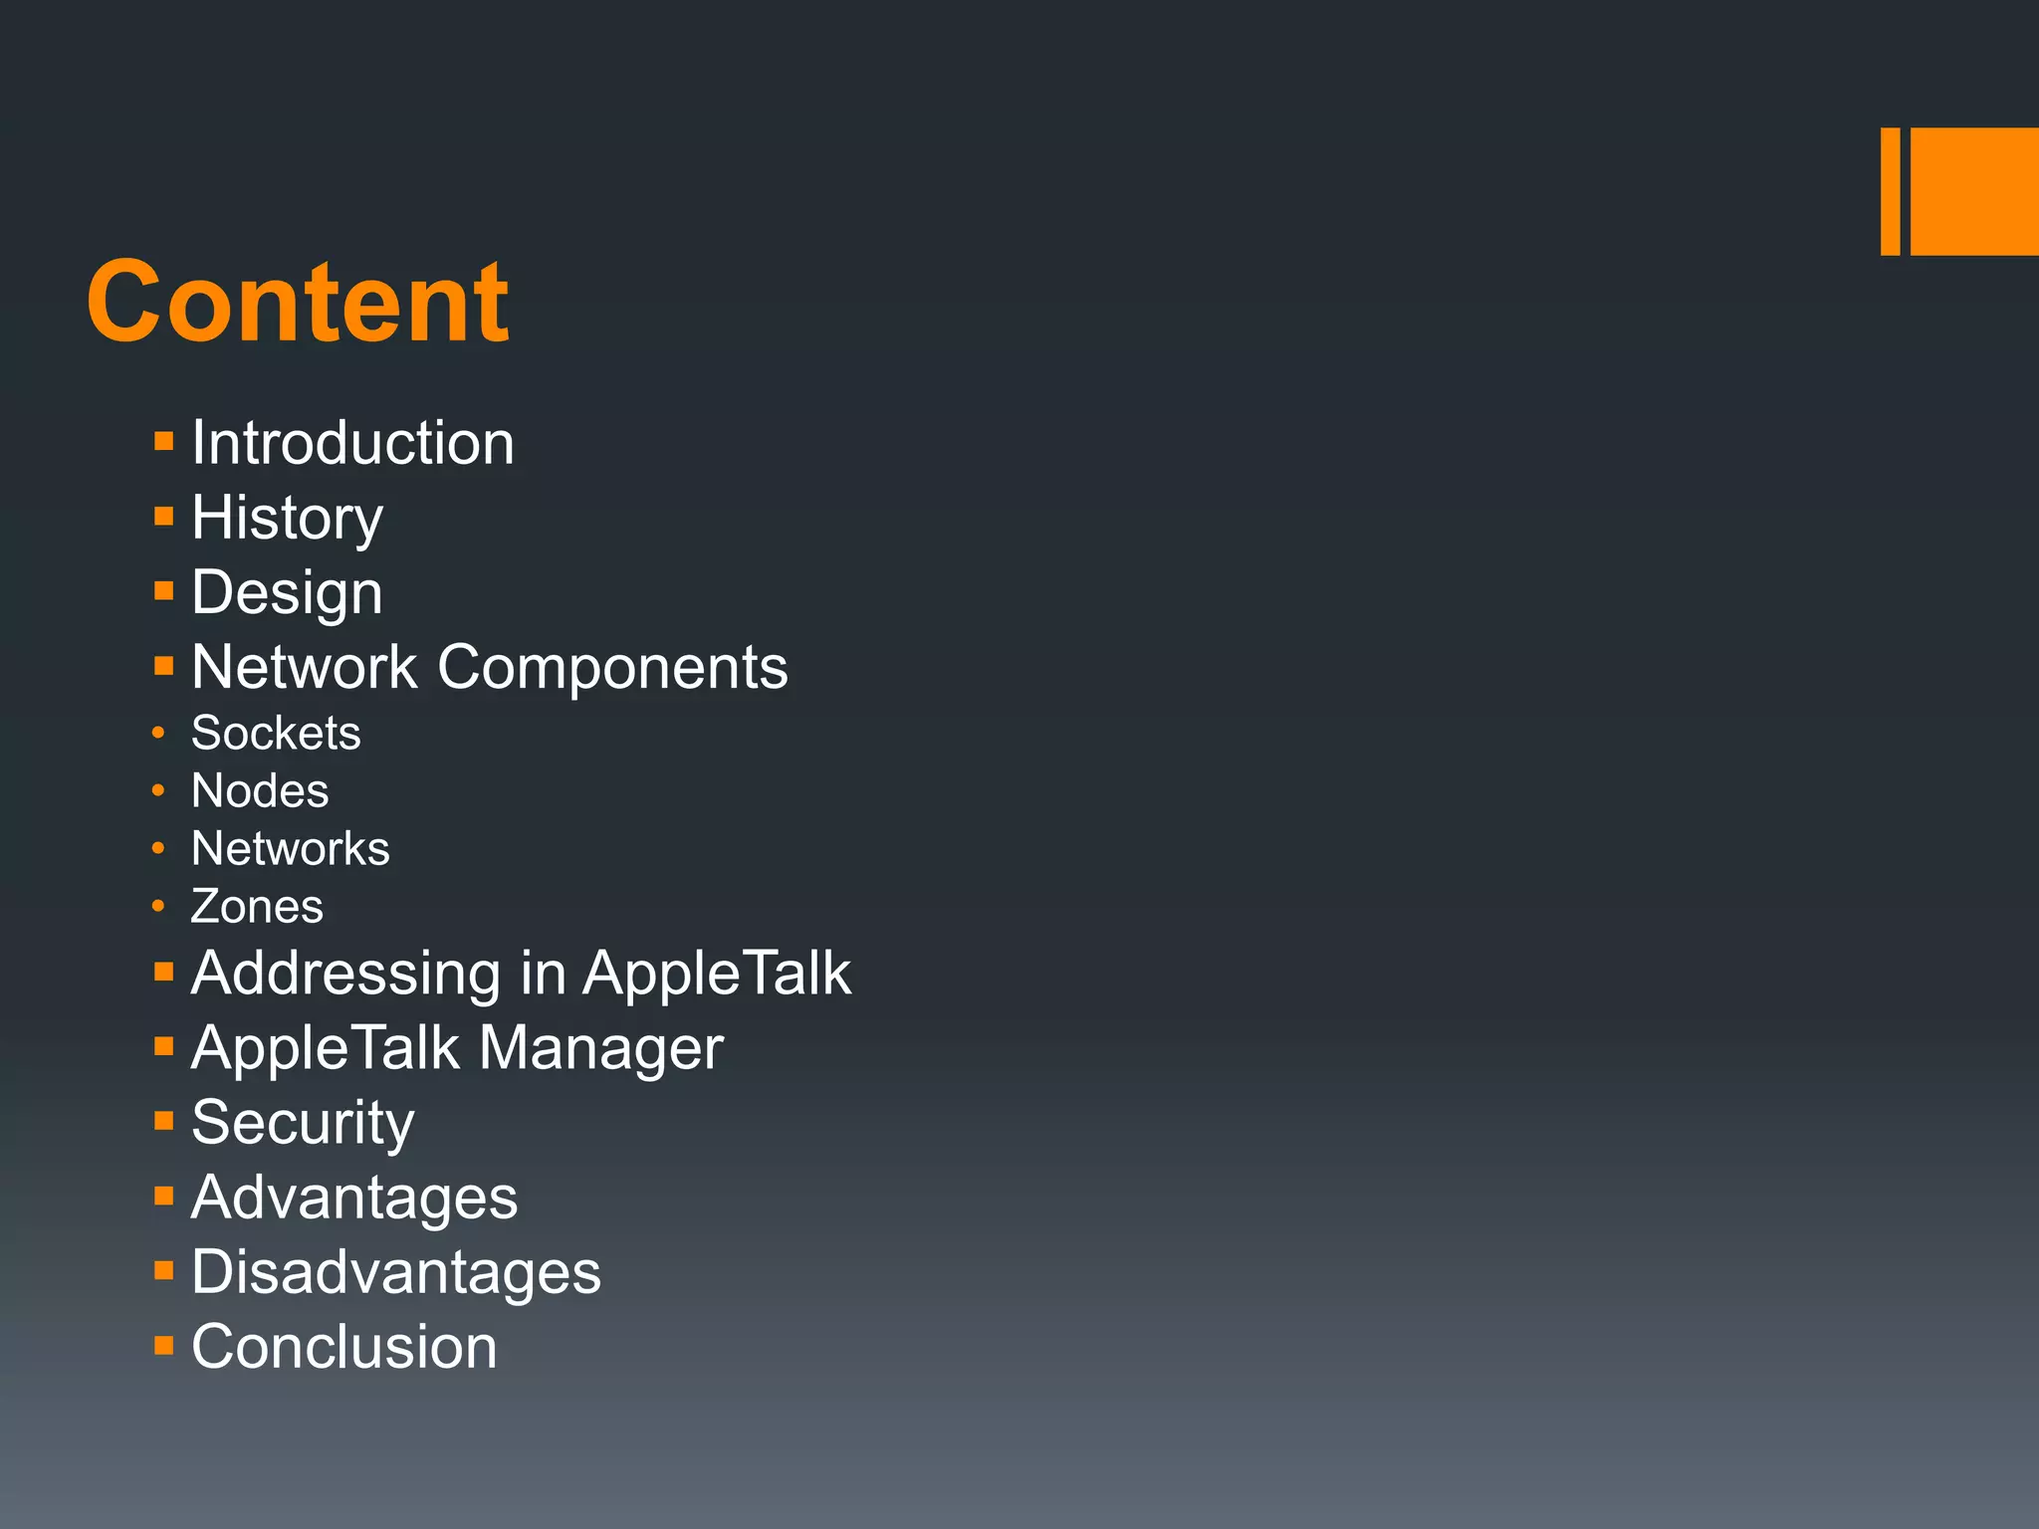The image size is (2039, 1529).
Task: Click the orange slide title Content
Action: pyautogui.click(x=297, y=302)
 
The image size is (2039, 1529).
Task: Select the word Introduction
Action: pyautogui.click(x=352, y=442)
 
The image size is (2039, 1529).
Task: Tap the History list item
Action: pyautogui.click(x=287, y=518)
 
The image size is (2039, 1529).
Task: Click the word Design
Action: pyautogui.click(x=287, y=592)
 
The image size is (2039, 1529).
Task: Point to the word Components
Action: pyautogui.click(x=612, y=667)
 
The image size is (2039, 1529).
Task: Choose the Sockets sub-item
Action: pyautogui.click(x=276, y=734)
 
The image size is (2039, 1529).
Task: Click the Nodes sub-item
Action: pyautogui.click(x=260, y=791)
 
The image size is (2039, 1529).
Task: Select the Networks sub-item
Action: pyautogui.click(x=290, y=849)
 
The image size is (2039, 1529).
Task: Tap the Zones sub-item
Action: pyautogui.click(x=257, y=907)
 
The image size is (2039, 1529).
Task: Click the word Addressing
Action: pyautogui.click(x=345, y=973)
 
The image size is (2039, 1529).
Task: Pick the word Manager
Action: pyautogui.click(x=600, y=1048)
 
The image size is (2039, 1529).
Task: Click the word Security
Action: pyautogui.click(x=302, y=1123)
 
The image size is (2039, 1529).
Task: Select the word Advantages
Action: pyautogui.click(x=353, y=1198)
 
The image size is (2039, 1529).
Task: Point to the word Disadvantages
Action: pyautogui.click(x=395, y=1272)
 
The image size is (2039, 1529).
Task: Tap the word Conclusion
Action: pyautogui.click(x=343, y=1347)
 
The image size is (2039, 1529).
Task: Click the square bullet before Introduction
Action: pyautogui.click(x=164, y=441)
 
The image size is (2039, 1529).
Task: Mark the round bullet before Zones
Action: pyautogui.click(x=158, y=906)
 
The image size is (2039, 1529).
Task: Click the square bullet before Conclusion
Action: pyautogui.click(x=164, y=1346)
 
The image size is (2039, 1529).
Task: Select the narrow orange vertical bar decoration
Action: pyautogui.click(x=1890, y=191)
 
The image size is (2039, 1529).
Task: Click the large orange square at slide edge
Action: pyautogui.click(x=1974, y=191)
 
